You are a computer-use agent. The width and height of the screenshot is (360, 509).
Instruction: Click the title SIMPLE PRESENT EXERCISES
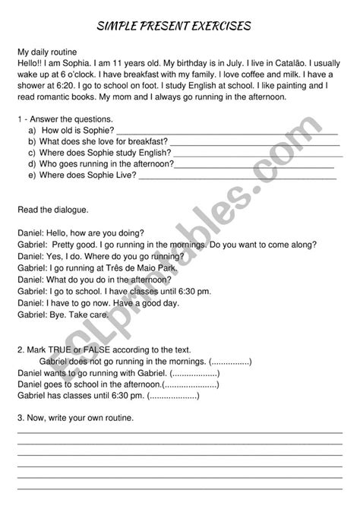point(179,27)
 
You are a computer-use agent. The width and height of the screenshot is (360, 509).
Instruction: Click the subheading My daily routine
point(51,52)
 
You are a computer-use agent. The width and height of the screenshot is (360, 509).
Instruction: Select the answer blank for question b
point(254,142)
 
